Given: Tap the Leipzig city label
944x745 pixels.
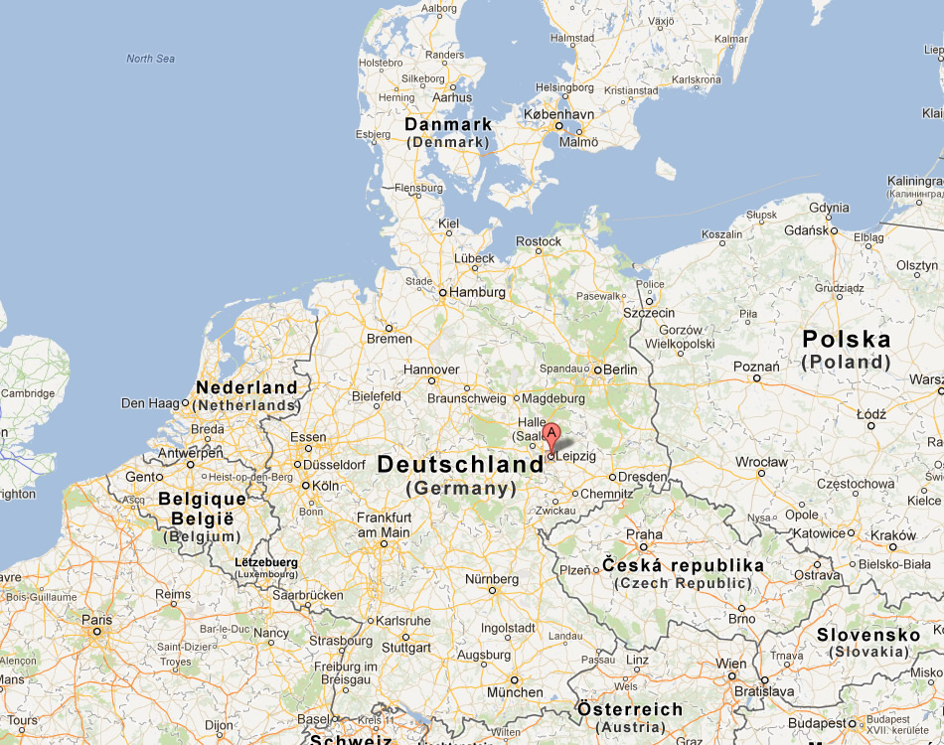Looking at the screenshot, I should (x=576, y=456).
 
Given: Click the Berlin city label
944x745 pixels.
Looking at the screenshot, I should (x=620, y=370).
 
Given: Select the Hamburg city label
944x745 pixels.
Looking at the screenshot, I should (x=477, y=293).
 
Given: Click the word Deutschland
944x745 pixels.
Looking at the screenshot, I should (x=461, y=465).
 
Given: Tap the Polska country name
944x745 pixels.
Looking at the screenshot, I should (x=847, y=340).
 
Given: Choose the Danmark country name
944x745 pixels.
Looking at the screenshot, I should (x=448, y=124).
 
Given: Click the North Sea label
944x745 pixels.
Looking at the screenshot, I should (x=150, y=59).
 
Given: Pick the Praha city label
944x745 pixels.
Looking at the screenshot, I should (x=644, y=534).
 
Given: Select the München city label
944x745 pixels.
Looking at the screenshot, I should (x=515, y=692).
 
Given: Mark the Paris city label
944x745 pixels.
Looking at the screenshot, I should (x=96, y=620).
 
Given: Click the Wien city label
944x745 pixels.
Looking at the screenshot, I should (x=731, y=664).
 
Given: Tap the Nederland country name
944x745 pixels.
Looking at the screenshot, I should (x=246, y=387).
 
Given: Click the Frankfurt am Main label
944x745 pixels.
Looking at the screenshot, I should (x=384, y=524).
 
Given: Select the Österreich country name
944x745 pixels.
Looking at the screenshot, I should (x=630, y=709).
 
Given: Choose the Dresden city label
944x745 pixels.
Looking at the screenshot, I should (x=642, y=477).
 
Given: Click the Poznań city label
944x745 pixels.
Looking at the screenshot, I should (x=755, y=366).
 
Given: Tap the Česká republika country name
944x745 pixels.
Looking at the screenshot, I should (x=684, y=565).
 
